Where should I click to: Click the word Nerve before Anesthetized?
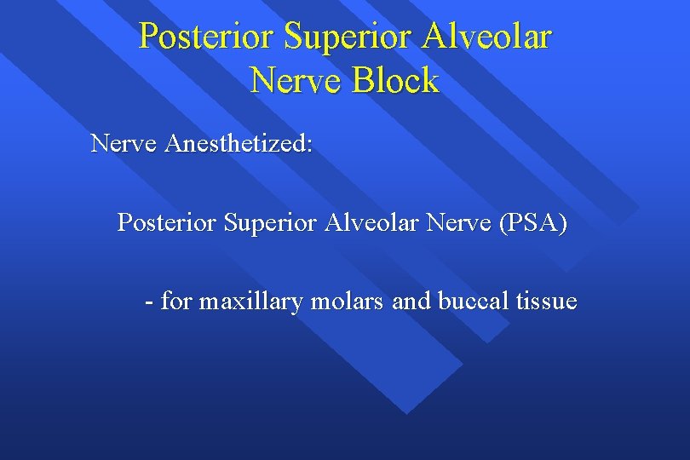click(x=124, y=143)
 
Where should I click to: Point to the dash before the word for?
click(x=150, y=302)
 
